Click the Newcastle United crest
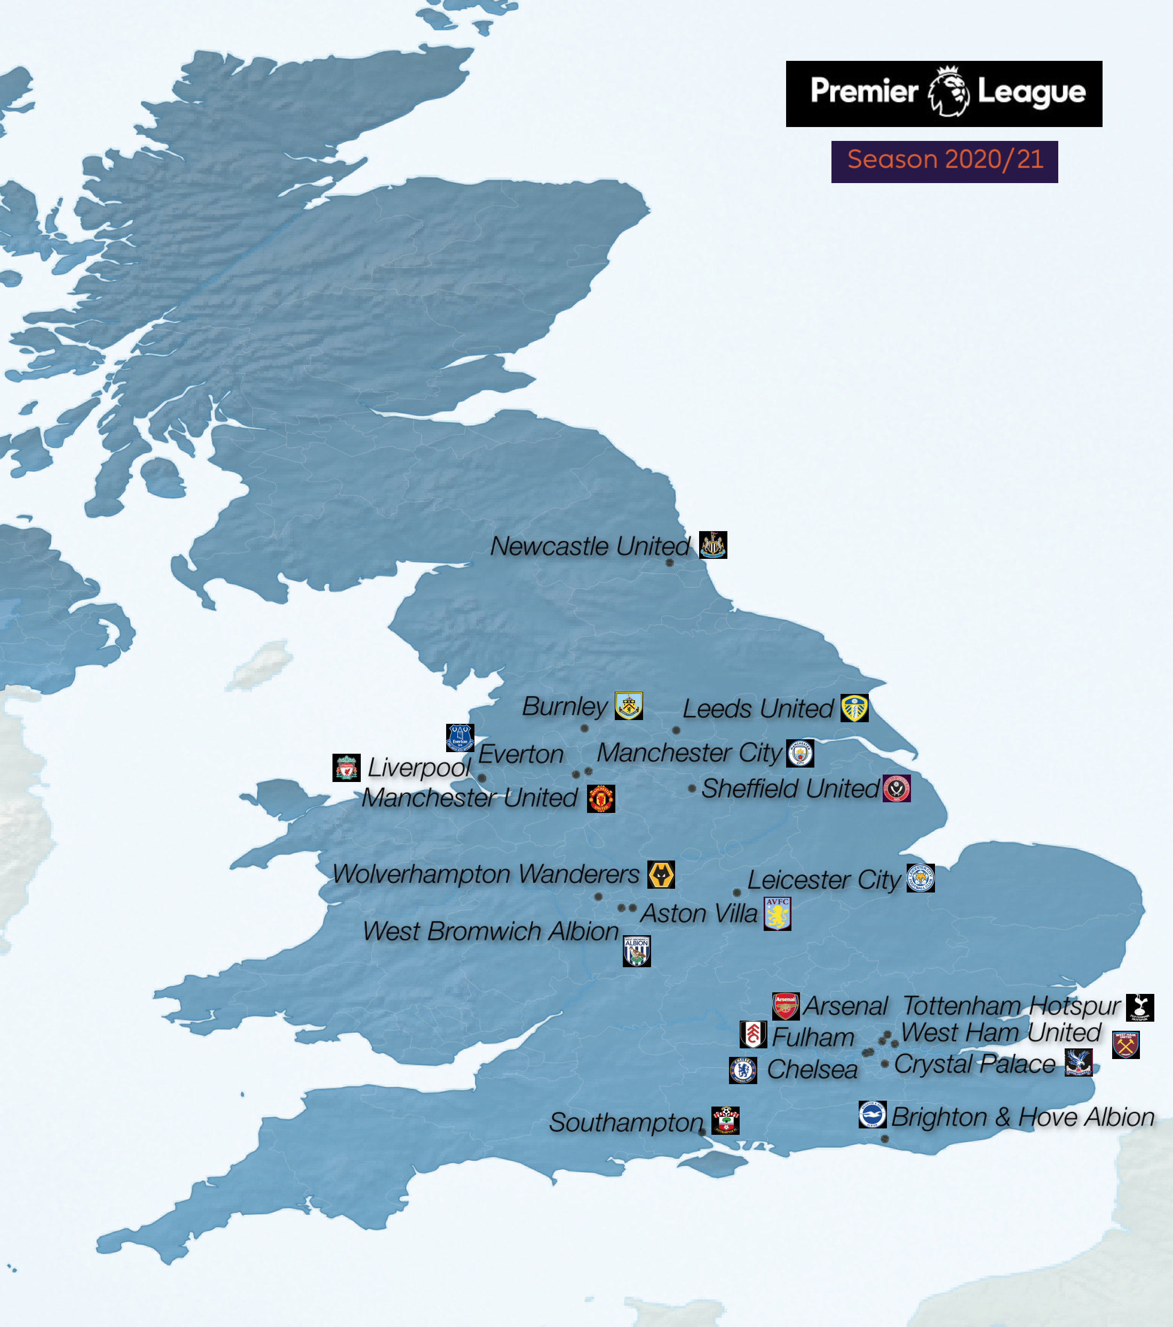tap(713, 544)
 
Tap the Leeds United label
tap(758, 708)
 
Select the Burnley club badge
tap(628, 706)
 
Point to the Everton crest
tap(459, 738)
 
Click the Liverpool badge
tap(346, 768)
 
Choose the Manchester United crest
tap(601, 799)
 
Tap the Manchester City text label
tap(689, 753)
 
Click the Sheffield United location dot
tap(692, 789)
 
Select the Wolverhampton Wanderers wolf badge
tap(661, 874)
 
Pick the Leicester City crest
tap(921, 878)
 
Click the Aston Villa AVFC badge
tap(777, 913)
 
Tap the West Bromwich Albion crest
tap(636, 951)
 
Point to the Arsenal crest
tap(786, 1006)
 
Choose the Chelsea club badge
tap(743, 1070)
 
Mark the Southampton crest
tap(725, 1120)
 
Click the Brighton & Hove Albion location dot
tap(885, 1139)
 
